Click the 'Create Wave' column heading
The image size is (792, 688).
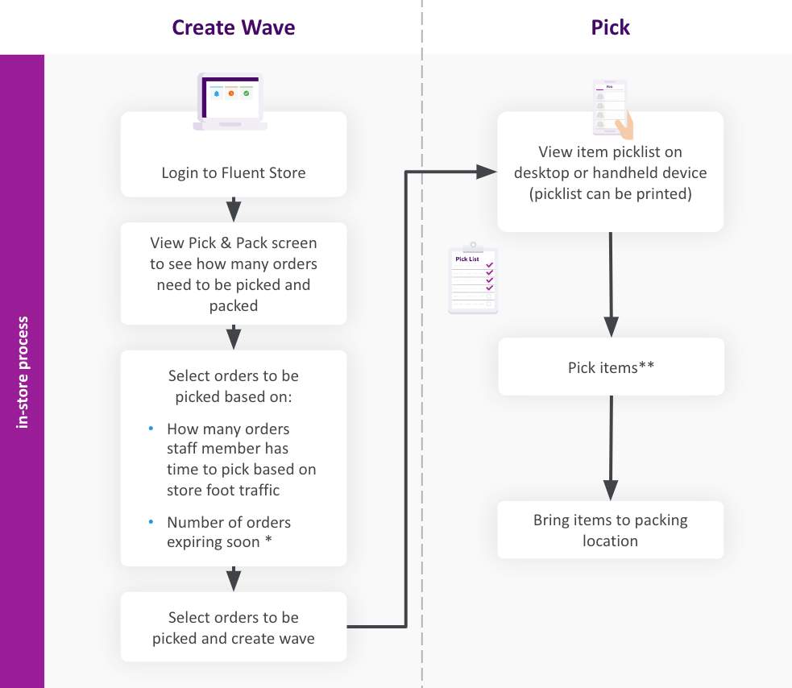click(x=234, y=27)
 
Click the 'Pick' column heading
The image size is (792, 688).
click(x=610, y=27)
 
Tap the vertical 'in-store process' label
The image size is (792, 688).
click(x=23, y=371)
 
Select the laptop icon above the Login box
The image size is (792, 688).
click(x=230, y=102)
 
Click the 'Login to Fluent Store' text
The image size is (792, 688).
click(x=234, y=172)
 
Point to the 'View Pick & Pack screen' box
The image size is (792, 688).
click(x=234, y=274)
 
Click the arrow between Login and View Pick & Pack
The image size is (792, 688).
click(x=234, y=209)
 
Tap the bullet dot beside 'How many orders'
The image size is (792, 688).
click(x=151, y=429)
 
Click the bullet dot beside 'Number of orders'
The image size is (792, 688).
click(x=151, y=522)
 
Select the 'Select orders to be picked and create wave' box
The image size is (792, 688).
click(x=234, y=628)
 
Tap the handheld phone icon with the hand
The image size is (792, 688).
click(x=614, y=109)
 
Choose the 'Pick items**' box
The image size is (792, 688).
click(x=611, y=367)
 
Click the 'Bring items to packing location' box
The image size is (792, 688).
click(x=611, y=530)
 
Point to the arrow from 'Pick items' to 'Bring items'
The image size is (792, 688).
click(x=611, y=447)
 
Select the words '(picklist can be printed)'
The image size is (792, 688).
click(x=610, y=195)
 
